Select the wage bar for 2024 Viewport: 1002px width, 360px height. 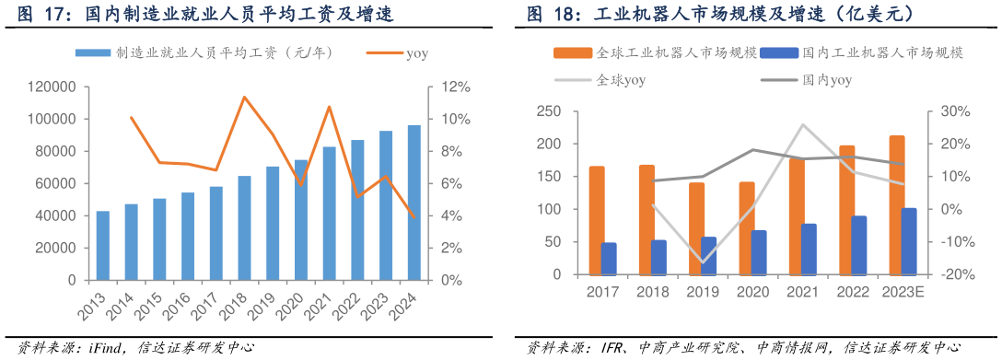[414, 203]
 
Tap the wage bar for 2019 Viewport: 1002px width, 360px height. [273, 223]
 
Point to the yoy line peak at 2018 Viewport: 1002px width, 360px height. [244, 97]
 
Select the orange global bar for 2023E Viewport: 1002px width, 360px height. [896, 204]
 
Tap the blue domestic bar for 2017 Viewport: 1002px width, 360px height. [609, 259]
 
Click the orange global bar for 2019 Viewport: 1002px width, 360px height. [696, 228]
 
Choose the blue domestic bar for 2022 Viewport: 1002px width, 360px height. [858, 245]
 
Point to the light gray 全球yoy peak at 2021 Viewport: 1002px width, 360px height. [803, 125]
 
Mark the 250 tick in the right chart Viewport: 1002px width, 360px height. [549, 111]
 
